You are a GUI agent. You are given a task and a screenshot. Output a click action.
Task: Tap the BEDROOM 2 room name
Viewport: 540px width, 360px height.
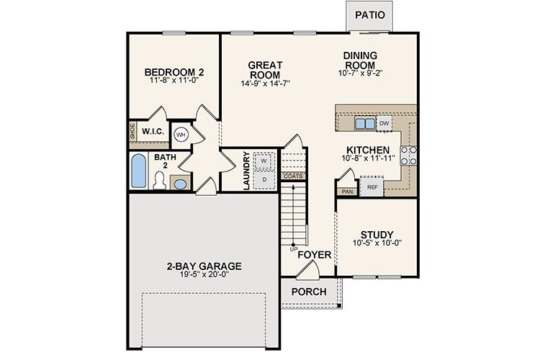pos(174,72)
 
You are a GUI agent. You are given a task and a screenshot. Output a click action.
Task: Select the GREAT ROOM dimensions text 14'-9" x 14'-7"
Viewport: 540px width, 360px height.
pos(265,84)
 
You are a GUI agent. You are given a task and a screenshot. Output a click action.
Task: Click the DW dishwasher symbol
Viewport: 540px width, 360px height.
pos(384,124)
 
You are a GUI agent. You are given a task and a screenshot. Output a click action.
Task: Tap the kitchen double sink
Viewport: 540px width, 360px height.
pos(365,124)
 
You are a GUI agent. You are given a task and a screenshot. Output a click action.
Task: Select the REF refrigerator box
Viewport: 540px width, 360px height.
pos(372,187)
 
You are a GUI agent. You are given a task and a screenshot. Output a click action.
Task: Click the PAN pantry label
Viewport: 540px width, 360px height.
pos(347,192)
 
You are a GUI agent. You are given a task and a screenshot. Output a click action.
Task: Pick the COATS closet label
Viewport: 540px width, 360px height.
pos(293,176)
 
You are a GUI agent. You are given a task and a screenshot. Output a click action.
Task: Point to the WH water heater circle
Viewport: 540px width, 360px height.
pos(181,134)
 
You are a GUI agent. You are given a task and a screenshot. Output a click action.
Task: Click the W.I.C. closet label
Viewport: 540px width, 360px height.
pos(153,132)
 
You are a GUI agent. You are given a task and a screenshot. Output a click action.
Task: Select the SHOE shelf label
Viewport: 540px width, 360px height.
pos(132,132)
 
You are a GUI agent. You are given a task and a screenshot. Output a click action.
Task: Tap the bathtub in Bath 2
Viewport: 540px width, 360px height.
pos(140,172)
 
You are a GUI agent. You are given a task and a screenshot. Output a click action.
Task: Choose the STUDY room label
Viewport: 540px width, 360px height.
pos(377,235)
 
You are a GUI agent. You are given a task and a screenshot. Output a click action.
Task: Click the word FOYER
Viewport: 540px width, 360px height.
pos(315,254)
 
